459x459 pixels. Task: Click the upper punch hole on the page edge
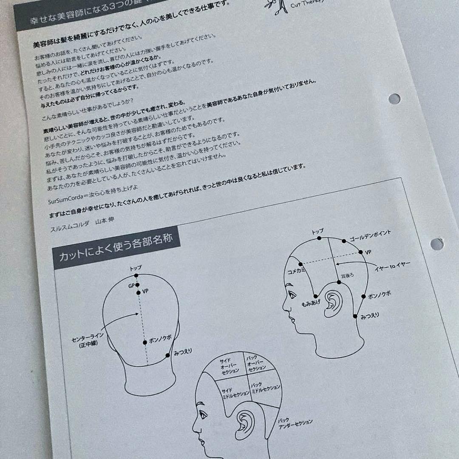pyautogui.click(x=394, y=99)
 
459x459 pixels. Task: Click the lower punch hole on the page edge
pyautogui.click(x=436, y=244)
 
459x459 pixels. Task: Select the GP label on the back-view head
pyautogui.click(x=131, y=286)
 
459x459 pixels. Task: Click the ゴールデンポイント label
pyautogui.click(x=370, y=235)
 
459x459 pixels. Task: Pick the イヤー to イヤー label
pyautogui.click(x=393, y=266)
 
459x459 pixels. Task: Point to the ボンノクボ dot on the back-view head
pyautogui.click(x=145, y=342)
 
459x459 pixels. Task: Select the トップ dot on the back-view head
pyautogui.click(x=136, y=275)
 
